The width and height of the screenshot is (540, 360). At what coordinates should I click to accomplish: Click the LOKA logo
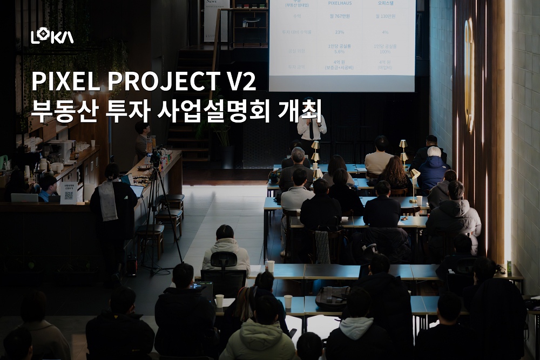(52, 36)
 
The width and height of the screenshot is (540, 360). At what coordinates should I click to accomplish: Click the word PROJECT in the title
(160, 81)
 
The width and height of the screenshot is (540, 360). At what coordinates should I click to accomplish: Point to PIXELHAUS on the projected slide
(340, 3)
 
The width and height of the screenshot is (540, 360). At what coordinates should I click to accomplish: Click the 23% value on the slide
(340, 32)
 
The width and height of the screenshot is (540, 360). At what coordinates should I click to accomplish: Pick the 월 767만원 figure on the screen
(340, 17)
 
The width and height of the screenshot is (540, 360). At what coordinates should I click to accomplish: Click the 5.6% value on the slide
(340, 52)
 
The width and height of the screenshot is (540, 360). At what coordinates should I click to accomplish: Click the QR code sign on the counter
(69, 194)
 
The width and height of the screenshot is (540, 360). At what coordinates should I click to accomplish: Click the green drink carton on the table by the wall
(508, 268)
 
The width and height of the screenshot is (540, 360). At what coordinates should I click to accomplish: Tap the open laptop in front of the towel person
(137, 190)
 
